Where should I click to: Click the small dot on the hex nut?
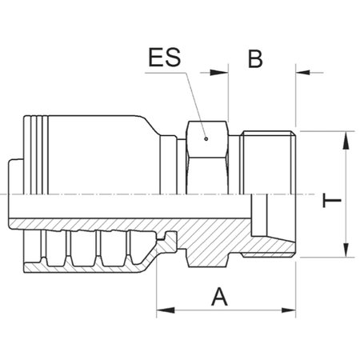click(205, 138)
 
